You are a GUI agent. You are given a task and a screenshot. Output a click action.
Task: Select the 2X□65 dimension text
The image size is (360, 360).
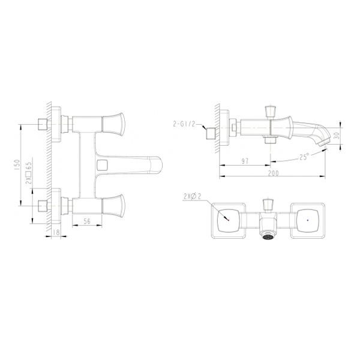28,172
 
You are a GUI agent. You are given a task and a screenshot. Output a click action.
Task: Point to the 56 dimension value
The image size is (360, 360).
86,221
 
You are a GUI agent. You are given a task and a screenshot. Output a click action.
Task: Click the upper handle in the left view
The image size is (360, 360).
113,122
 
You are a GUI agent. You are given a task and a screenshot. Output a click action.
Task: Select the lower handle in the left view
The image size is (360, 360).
113,206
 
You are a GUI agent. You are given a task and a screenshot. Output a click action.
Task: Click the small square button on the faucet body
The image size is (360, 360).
102,164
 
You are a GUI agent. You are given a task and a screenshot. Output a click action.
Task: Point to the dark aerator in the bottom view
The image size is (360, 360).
267,235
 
